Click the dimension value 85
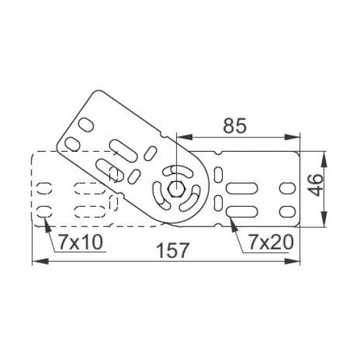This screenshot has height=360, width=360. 234,126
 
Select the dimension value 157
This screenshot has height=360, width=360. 173,250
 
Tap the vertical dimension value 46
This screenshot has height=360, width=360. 316,185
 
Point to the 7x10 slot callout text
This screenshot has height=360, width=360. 81,242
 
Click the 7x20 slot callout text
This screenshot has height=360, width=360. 271,242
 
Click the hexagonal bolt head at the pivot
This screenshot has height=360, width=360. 176,189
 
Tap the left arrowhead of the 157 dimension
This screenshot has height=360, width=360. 41,261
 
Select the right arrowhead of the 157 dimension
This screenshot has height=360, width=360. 293,261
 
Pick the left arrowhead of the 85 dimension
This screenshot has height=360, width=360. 185,137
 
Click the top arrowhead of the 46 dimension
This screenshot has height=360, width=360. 324,159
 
